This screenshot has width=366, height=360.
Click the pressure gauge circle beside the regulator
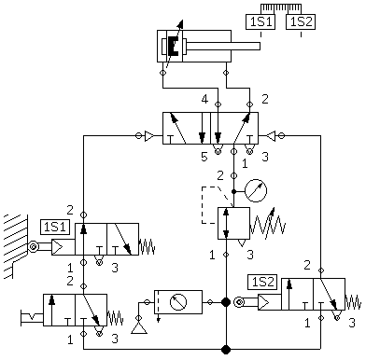tap(256, 190)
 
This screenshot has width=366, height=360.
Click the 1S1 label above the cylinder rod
tap(260, 22)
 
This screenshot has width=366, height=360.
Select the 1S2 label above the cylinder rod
tap(301, 22)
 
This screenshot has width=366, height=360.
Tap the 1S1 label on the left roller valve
tap(55, 227)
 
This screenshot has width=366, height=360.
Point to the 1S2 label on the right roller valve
tap(262, 282)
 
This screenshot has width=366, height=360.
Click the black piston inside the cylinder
tap(174, 47)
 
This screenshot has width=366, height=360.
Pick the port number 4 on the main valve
tap(204, 100)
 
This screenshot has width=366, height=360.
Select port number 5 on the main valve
tap(204, 157)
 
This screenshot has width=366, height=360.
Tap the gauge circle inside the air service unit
tap(178, 302)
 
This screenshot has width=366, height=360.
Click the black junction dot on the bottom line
tap(226, 349)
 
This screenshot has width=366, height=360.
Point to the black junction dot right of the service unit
tap(226, 302)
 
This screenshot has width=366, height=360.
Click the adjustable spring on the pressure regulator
tap(268, 223)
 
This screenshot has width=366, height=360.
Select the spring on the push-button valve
tap(116, 318)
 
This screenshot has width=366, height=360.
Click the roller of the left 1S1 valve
tap(33, 247)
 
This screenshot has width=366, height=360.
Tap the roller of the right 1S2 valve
tap(239, 302)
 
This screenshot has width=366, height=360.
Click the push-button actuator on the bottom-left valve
tap(32, 318)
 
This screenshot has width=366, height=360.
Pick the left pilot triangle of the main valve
tap(149, 136)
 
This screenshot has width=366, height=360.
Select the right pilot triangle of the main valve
tap(271, 136)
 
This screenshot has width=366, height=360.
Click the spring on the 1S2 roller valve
tap(353, 302)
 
